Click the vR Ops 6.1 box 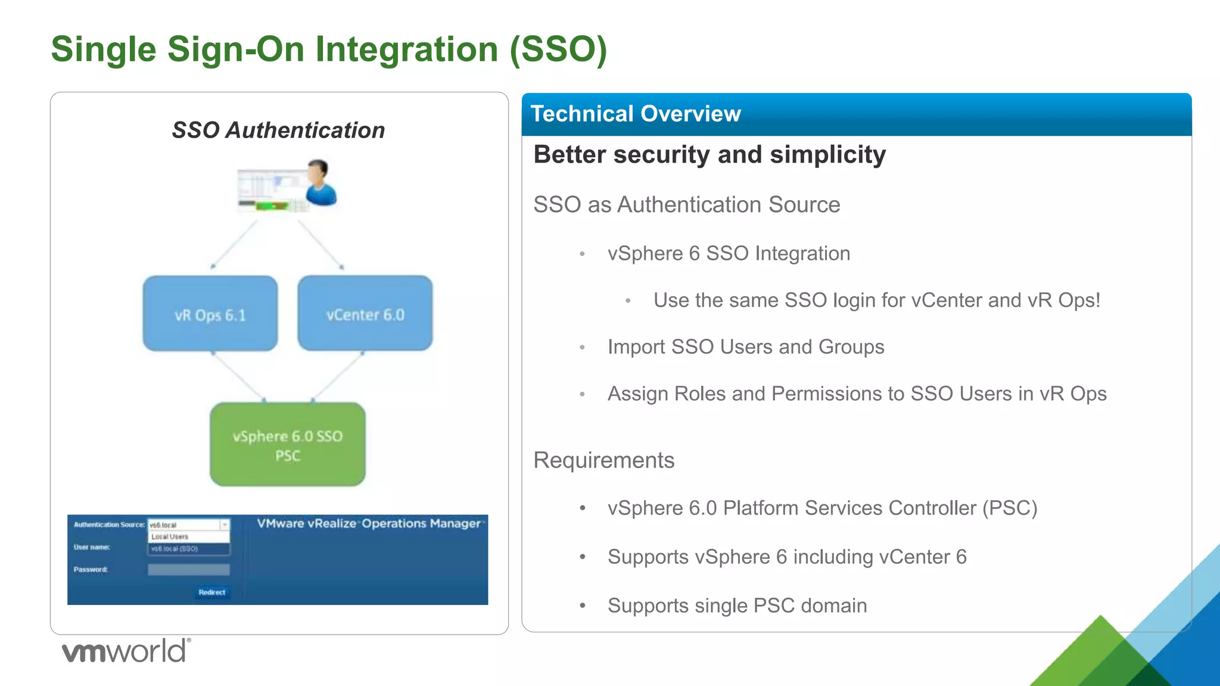pos(210,313)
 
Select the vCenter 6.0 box pos(365,313)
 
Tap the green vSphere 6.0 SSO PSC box pos(288,444)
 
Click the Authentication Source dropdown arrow pos(225,525)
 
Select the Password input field pos(188,570)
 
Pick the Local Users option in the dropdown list pos(170,537)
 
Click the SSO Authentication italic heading pos(278,130)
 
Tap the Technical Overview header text pos(636,114)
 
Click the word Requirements pos(604,460)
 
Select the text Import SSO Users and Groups pos(746,347)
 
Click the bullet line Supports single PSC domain pos(737,606)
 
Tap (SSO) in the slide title pos(558,49)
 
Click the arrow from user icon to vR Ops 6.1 pos(235,244)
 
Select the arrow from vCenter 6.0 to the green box pos(338,376)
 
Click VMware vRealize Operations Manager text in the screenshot pos(369,523)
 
